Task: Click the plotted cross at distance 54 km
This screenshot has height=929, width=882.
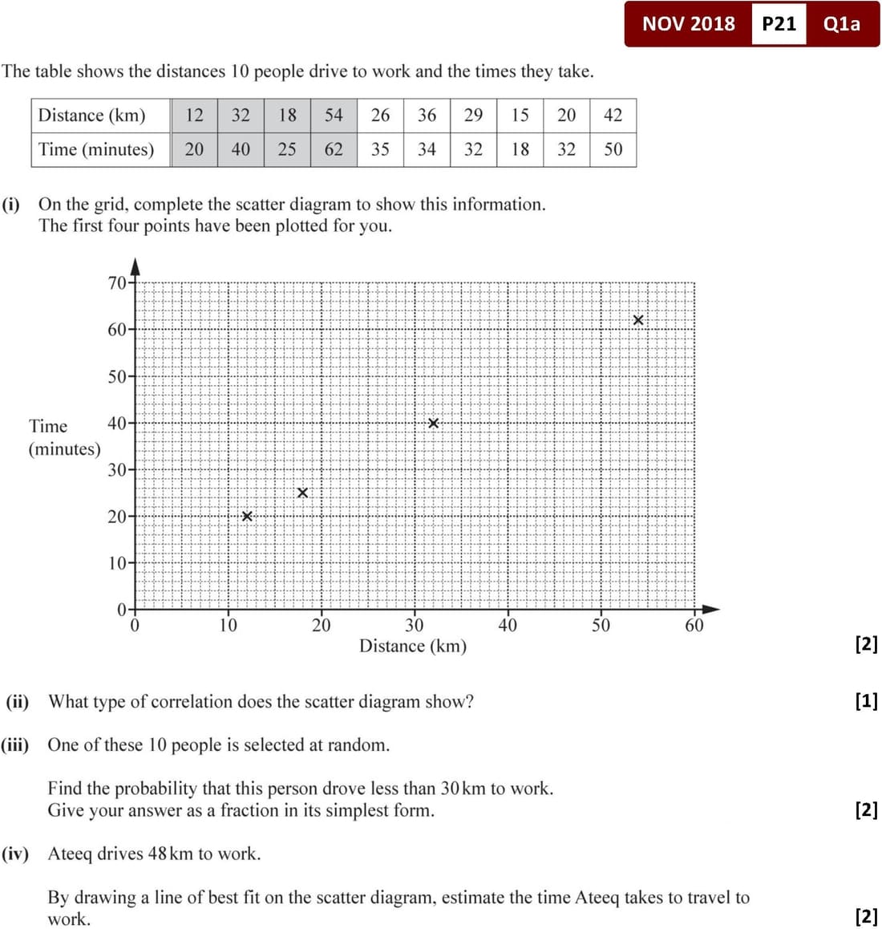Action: click(638, 320)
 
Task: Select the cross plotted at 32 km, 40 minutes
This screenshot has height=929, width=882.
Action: click(433, 423)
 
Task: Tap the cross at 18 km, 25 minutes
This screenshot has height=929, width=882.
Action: click(302, 493)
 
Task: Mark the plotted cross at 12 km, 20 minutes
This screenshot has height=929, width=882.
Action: click(247, 516)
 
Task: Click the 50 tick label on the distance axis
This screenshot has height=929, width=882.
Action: click(601, 626)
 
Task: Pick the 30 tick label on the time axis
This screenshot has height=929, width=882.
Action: click(117, 469)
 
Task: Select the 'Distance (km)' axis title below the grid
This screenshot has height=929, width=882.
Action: click(412, 646)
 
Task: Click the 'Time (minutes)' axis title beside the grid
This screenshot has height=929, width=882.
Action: click(64, 437)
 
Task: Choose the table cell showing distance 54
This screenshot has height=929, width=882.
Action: click(334, 116)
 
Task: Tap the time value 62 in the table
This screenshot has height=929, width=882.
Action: click(334, 149)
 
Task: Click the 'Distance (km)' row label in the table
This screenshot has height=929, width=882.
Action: click(92, 116)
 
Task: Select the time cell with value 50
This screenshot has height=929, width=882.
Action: click(613, 149)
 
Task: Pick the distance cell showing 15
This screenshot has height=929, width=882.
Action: click(520, 116)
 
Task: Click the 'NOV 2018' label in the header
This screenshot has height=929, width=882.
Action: click(688, 24)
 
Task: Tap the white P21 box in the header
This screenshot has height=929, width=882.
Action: click(779, 24)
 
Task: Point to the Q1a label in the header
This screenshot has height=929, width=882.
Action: click(841, 24)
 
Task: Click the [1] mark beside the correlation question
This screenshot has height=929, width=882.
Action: click(866, 701)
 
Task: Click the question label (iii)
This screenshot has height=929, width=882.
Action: click(15, 745)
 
